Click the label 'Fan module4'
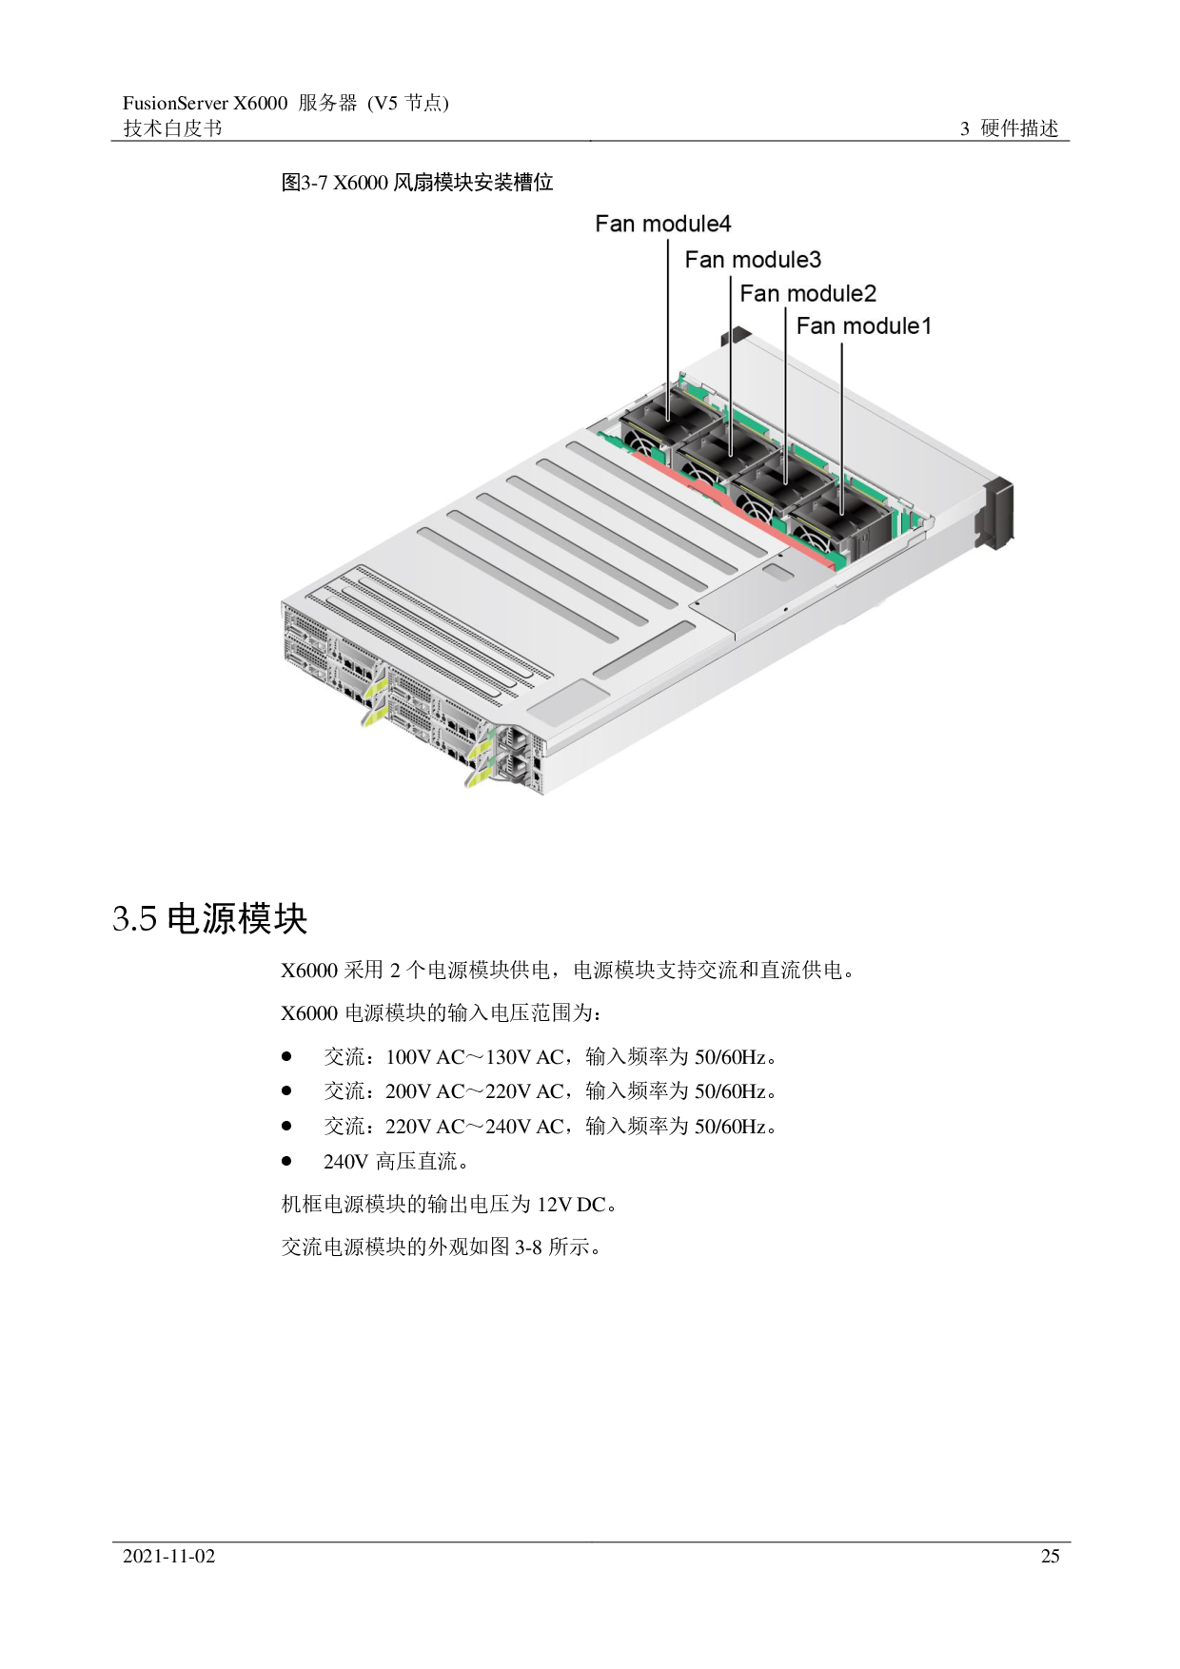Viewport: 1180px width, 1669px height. tap(662, 224)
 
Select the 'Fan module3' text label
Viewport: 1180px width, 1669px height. tap(753, 259)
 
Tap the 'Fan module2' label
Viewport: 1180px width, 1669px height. tap(807, 293)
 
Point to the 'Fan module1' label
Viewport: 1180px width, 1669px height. tap(863, 325)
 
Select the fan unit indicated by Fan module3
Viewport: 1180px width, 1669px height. tap(720, 457)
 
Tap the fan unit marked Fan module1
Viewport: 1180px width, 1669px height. tap(837, 520)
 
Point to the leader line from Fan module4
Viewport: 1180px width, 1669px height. tap(668, 324)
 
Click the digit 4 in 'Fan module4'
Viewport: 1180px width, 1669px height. tap(725, 224)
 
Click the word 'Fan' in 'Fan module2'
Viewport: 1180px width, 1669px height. tap(758, 293)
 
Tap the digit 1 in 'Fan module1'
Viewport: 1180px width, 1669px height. tap(926, 325)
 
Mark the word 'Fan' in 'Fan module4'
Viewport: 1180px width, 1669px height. tap(614, 224)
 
